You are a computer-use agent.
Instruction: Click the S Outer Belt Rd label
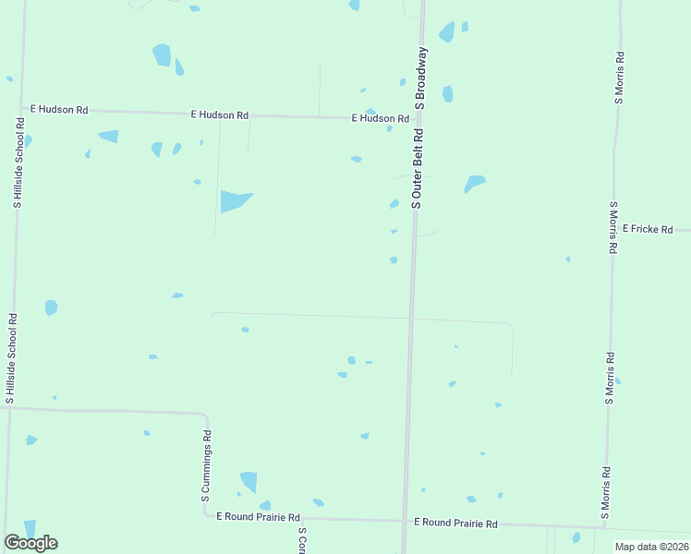click(418, 168)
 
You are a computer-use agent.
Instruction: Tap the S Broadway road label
click(421, 78)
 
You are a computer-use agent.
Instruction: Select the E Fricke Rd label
click(648, 228)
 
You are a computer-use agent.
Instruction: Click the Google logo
click(30, 543)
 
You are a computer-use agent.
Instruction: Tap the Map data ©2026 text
click(652, 547)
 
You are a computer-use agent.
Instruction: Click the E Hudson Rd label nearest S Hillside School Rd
click(59, 110)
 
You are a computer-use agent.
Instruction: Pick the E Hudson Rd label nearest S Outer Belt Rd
click(380, 119)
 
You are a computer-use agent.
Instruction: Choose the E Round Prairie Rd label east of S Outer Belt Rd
click(455, 524)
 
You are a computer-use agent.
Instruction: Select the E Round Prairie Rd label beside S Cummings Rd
click(259, 518)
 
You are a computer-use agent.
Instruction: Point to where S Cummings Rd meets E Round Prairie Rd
click(207, 516)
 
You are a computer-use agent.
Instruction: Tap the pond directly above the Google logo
click(30, 527)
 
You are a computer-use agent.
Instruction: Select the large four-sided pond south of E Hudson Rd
click(234, 200)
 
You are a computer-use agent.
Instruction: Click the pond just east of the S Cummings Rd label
click(248, 482)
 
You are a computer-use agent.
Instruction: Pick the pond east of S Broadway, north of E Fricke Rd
click(474, 183)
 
